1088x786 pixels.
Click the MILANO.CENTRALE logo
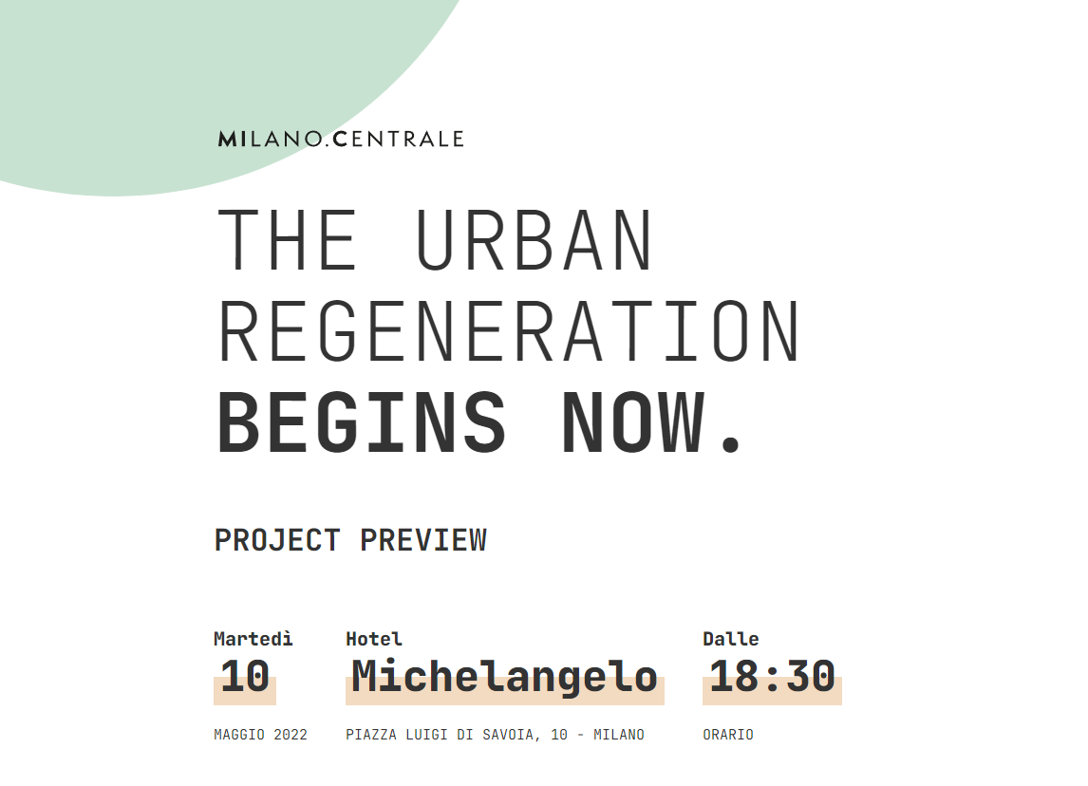tap(341, 139)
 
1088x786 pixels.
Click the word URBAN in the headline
tap(534, 240)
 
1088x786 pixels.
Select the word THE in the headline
tap(288, 240)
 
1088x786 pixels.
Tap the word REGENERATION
tap(509, 331)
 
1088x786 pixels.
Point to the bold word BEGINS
tap(362, 422)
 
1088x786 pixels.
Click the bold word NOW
tap(634, 422)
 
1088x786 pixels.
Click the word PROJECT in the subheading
tap(277, 540)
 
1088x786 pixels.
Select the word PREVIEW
tap(423, 540)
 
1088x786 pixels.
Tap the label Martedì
tap(253, 638)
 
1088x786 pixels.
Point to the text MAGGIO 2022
tap(260, 735)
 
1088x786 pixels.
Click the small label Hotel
tap(374, 638)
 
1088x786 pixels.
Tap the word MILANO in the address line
tap(619, 735)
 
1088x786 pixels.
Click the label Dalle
tap(731, 638)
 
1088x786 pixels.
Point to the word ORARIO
tap(728, 735)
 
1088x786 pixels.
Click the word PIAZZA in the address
tap(371, 735)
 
